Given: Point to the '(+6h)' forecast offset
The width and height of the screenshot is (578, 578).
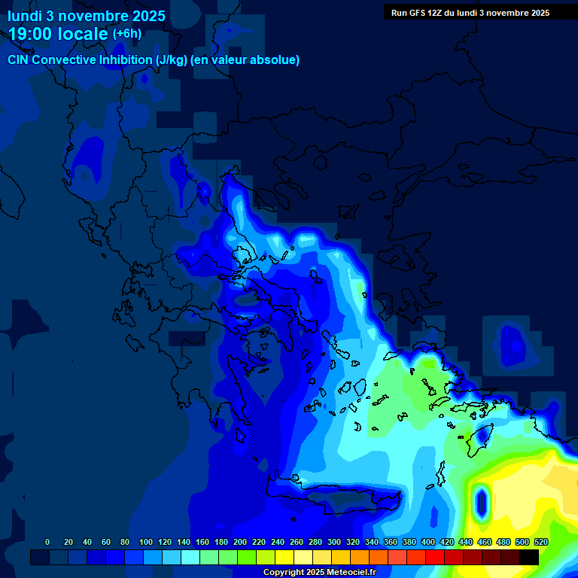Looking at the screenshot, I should (126, 34).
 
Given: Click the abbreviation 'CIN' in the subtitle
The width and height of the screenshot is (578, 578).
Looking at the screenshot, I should (19, 60).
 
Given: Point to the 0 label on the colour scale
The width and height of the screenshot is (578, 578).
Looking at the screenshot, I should (47, 542).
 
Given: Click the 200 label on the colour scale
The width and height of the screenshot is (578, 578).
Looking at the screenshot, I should (239, 542).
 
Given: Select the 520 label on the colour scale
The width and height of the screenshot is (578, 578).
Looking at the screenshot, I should (540, 542).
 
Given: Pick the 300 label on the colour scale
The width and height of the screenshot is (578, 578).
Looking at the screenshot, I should (333, 542).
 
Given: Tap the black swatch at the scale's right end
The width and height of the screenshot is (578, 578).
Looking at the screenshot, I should (529, 557).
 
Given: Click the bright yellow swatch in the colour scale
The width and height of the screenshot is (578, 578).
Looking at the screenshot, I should (284, 557).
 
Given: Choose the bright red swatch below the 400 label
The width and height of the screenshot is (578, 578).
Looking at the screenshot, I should (435, 557).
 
